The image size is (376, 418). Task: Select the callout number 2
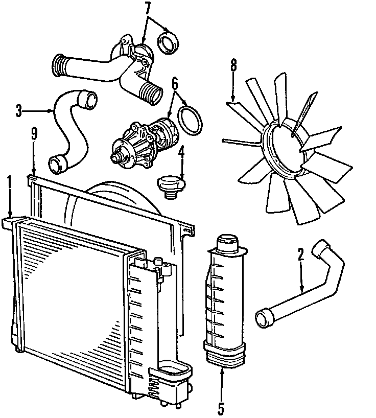pyautogui.click(x=301, y=253)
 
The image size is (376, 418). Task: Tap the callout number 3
pyautogui.click(x=19, y=110)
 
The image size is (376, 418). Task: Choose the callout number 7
pyautogui.click(x=148, y=8)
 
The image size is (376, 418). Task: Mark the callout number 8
pyautogui.click(x=233, y=65)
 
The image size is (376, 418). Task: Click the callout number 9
pyautogui.click(x=34, y=133)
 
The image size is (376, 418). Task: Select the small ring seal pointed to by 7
pyautogui.click(x=167, y=42)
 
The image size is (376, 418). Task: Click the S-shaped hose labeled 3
pyautogui.click(x=72, y=128)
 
